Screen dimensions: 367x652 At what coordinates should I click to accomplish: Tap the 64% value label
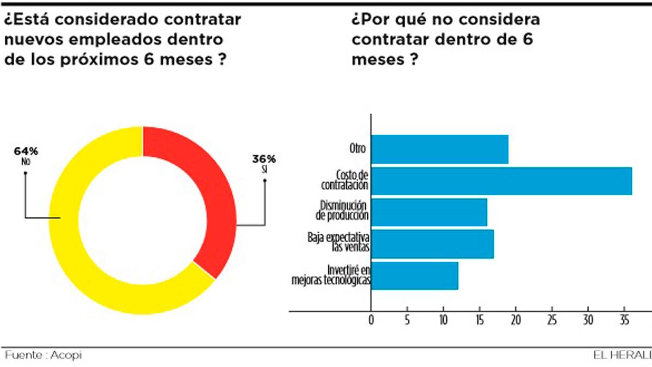click(x=26, y=151)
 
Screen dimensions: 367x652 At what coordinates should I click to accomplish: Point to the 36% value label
click(x=264, y=159)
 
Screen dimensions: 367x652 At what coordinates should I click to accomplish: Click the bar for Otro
click(x=440, y=150)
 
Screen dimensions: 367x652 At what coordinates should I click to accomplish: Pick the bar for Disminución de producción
click(x=429, y=212)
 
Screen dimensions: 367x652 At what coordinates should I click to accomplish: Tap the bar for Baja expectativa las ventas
click(x=432, y=244)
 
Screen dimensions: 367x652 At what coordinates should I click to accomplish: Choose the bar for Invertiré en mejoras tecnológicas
click(x=414, y=276)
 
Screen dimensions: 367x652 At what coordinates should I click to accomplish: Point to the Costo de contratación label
click(x=345, y=180)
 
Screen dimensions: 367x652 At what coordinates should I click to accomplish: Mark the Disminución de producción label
click(x=342, y=210)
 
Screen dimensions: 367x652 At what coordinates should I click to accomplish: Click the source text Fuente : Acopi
click(x=43, y=355)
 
